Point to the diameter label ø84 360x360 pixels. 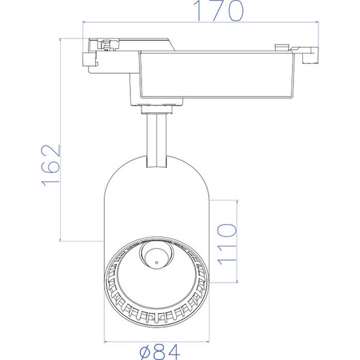click(158, 351)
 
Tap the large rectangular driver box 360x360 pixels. click(216, 75)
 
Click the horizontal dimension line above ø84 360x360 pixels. click(157, 340)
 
